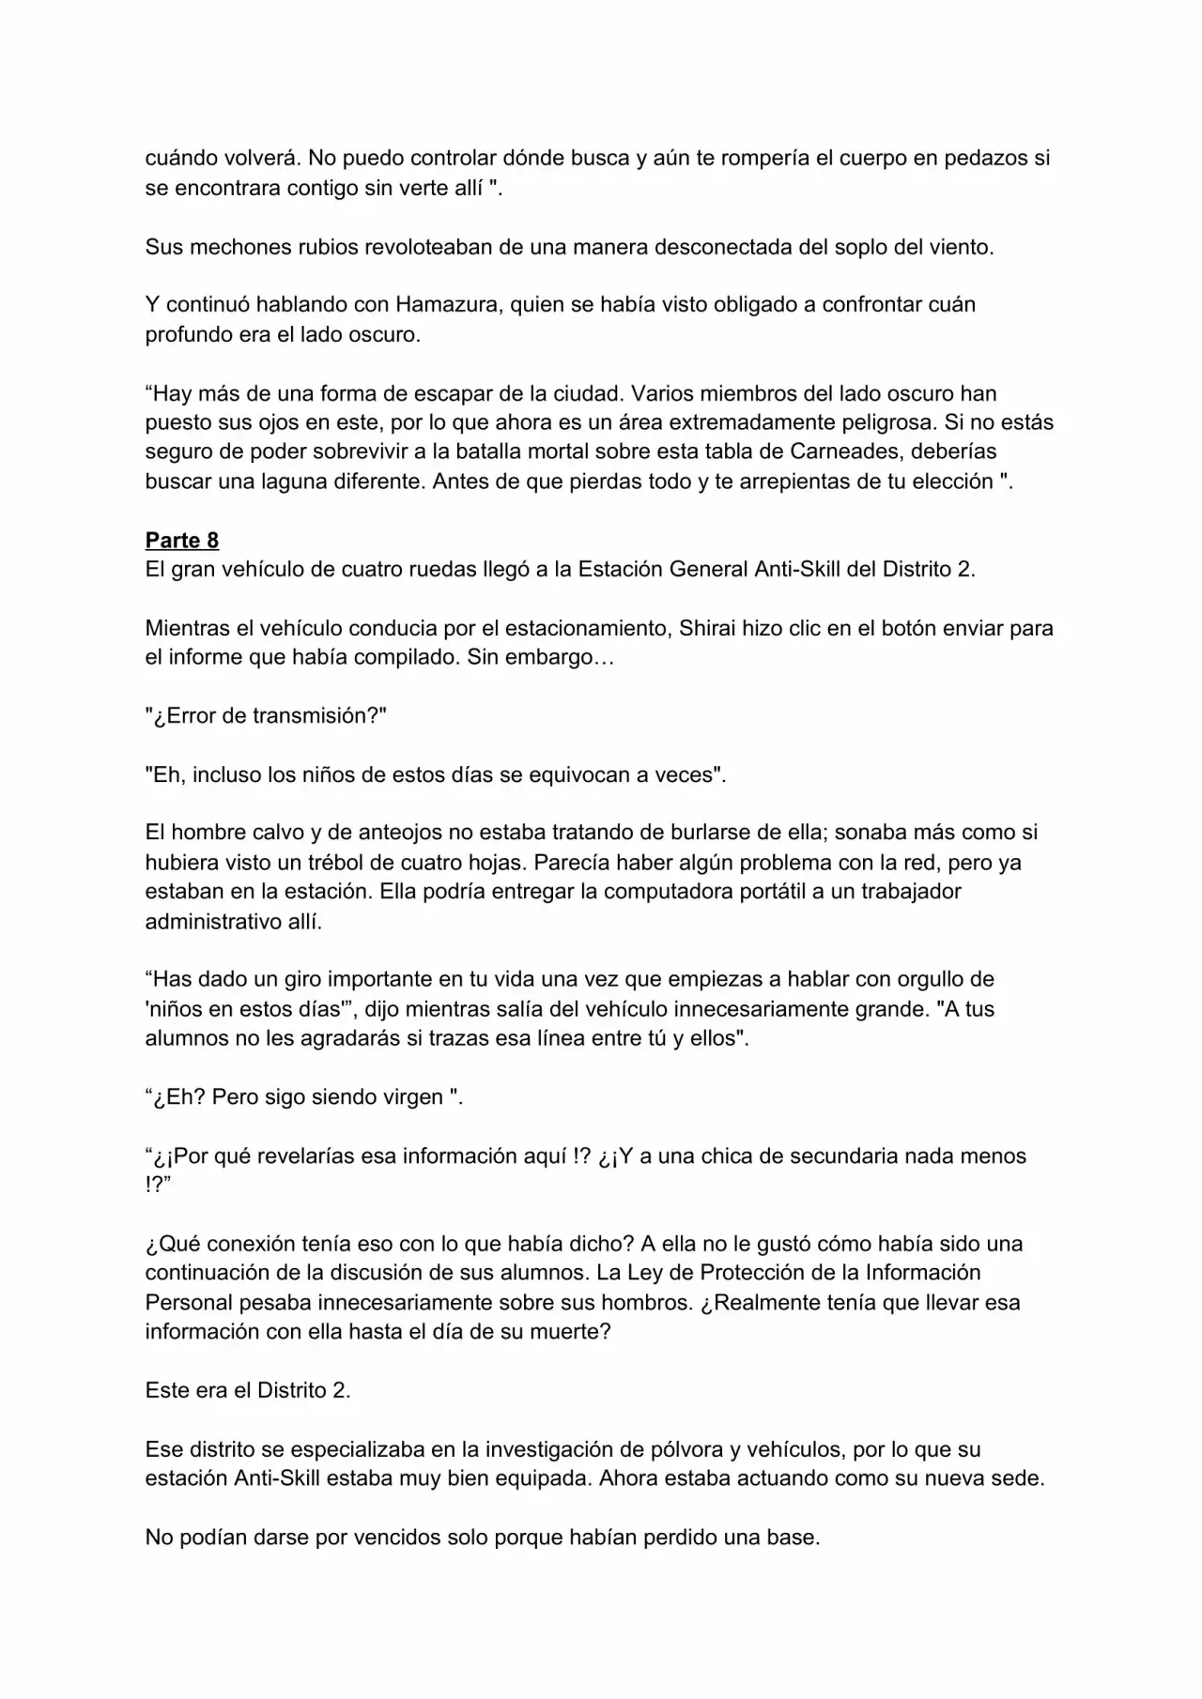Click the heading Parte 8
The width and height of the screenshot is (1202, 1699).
(x=182, y=541)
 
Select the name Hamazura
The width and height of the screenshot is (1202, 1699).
(x=446, y=305)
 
